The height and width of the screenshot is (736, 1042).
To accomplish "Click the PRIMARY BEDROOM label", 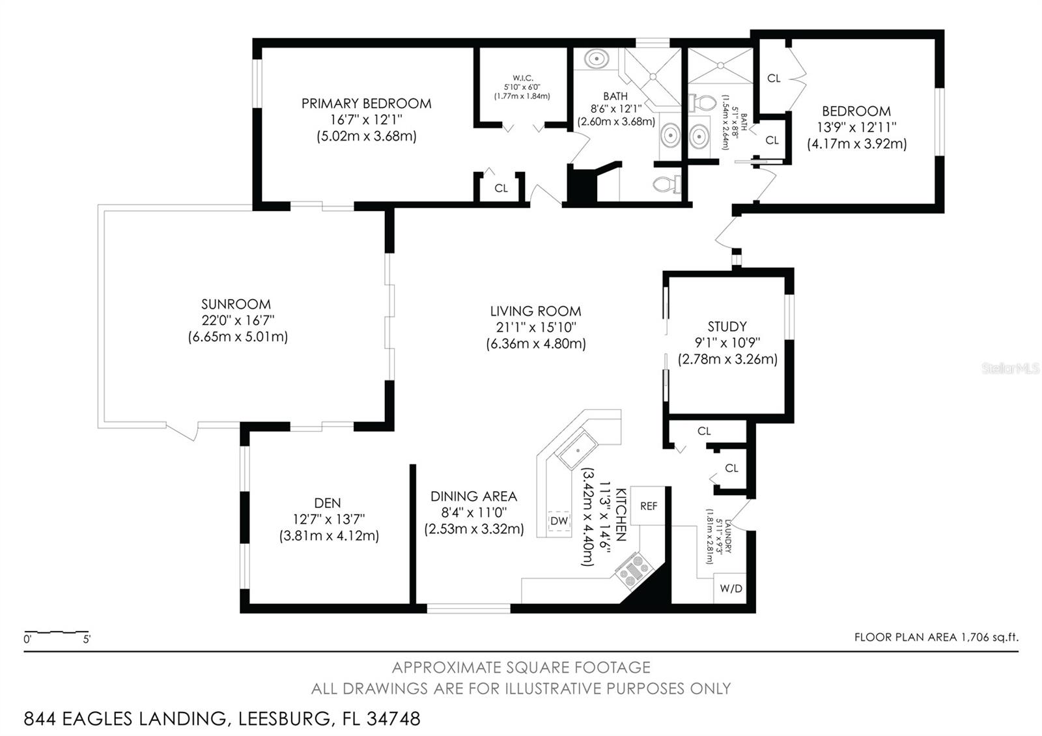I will point(366,104).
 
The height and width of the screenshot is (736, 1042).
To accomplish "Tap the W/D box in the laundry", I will point(731,589).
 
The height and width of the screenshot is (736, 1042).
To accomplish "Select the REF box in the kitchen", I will point(649,506).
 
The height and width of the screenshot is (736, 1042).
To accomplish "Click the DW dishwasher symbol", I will point(559,521).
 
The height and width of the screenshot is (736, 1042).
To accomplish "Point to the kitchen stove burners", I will point(632,569).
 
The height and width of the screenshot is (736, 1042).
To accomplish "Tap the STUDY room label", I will point(727,326).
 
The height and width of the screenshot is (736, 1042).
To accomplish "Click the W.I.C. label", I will point(522,78).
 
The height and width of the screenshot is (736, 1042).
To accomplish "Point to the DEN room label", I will point(327,503).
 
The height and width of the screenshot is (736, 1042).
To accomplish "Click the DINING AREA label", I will point(473,496).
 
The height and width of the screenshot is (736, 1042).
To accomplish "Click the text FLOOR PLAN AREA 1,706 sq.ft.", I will point(936,638).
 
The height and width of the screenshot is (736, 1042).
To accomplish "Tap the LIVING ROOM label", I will point(535,311).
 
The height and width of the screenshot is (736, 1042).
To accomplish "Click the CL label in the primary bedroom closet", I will point(500,189).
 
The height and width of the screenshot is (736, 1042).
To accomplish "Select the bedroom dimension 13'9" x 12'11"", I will point(856,127).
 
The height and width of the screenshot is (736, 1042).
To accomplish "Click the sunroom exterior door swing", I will point(183,432).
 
